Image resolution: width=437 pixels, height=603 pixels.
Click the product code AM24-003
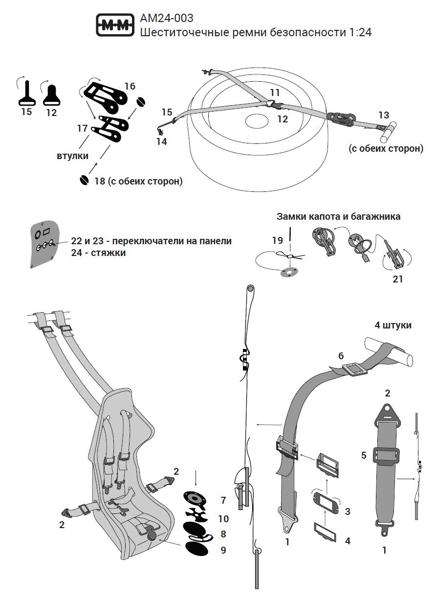(x=166, y=19)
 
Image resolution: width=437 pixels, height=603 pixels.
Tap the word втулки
(x=72, y=156)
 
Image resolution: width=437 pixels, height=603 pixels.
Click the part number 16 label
(x=130, y=86)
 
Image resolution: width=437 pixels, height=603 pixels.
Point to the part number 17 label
(x=82, y=129)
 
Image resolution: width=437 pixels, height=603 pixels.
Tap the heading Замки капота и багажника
(x=338, y=216)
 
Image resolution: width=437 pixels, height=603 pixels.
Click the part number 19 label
(x=277, y=240)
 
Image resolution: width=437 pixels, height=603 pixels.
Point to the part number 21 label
(x=398, y=279)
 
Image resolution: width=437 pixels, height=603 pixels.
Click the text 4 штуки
(x=393, y=325)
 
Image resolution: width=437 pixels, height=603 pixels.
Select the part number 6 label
(x=341, y=356)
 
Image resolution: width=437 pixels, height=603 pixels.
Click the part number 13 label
(x=384, y=115)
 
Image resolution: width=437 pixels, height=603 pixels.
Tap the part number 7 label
(x=223, y=500)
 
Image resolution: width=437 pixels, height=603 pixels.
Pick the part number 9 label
(x=223, y=550)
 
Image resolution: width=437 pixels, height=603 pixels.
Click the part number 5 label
(x=363, y=456)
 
